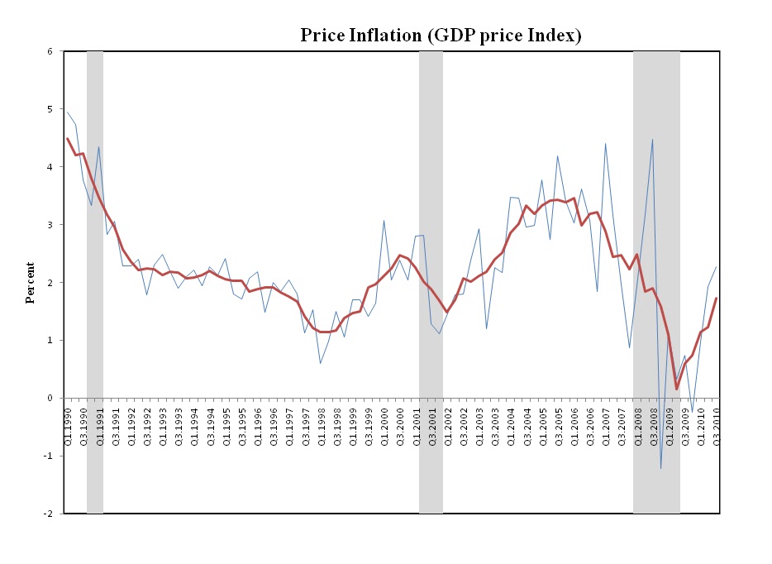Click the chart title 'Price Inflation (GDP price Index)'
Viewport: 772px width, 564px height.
441,36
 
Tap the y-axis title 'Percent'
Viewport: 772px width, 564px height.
30,282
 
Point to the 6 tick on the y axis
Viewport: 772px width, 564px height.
50,51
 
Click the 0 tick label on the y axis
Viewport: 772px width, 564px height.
50,398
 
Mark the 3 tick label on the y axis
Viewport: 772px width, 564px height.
50,225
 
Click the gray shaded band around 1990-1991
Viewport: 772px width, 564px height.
95,281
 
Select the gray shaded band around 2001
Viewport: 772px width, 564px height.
431,281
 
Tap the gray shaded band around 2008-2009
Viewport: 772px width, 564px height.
656,281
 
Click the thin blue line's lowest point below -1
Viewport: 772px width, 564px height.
660,468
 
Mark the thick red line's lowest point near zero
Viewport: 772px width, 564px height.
676,389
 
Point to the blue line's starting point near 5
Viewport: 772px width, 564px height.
68,112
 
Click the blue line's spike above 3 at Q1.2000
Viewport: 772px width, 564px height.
384,220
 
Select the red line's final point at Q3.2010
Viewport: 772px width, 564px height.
716,298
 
